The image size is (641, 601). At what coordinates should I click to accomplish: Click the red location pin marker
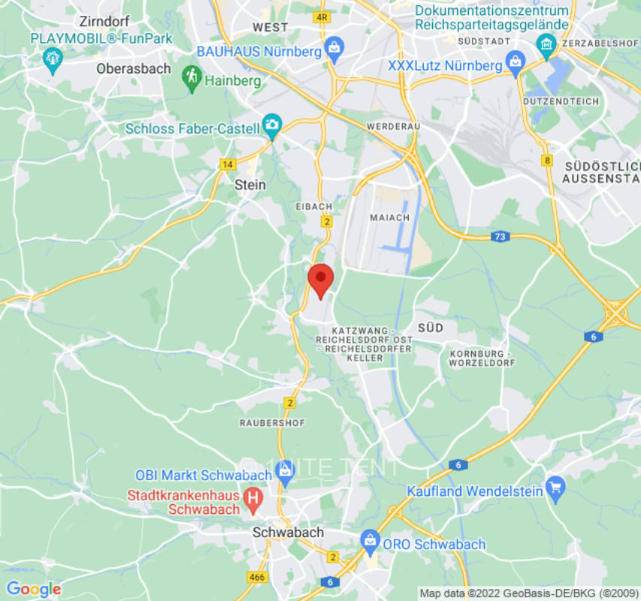click(x=321, y=279)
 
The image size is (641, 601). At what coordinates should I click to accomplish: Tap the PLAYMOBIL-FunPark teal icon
click(x=52, y=59)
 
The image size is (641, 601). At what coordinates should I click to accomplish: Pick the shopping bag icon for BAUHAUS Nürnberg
click(x=334, y=50)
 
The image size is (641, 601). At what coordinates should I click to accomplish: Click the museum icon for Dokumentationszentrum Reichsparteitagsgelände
click(x=546, y=46)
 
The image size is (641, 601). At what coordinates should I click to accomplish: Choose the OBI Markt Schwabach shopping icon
click(x=284, y=471)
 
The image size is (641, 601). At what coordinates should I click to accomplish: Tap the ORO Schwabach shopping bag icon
click(x=369, y=539)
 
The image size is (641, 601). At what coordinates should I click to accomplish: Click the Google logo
click(x=33, y=589)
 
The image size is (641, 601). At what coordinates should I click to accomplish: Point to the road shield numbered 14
click(x=228, y=163)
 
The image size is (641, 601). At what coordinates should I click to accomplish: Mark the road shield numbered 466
click(x=256, y=576)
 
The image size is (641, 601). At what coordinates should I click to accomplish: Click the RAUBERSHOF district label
click(x=272, y=423)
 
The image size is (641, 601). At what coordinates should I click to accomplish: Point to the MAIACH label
click(x=389, y=217)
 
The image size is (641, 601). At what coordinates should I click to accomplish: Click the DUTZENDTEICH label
click(x=561, y=101)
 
